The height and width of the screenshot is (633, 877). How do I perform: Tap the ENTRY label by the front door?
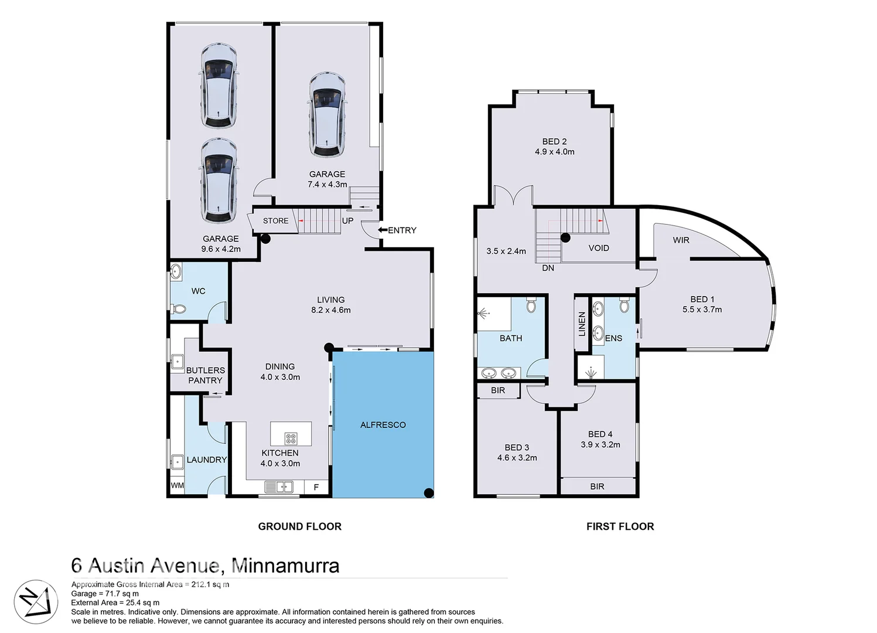[402, 230]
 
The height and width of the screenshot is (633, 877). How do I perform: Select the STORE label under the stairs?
[275, 221]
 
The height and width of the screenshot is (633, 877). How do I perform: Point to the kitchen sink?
[279, 486]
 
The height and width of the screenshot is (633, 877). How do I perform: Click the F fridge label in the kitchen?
[316, 487]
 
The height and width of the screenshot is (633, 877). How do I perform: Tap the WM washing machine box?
[177, 485]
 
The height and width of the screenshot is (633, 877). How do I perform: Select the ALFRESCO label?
[383, 425]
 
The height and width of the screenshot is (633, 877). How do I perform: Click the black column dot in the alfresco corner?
[429, 492]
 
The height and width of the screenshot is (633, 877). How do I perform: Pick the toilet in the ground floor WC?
[180, 309]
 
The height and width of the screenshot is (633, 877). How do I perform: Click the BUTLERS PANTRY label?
[205, 375]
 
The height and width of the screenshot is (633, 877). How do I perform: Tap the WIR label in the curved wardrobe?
[681, 240]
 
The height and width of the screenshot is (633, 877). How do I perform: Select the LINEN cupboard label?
[582, 324]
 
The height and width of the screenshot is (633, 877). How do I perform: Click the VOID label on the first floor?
[599, 248]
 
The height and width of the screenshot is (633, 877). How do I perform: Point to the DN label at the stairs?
[548, 268]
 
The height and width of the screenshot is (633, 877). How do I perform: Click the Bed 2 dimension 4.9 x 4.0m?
[554, 152]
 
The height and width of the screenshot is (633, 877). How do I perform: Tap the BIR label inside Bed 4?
[597, 486]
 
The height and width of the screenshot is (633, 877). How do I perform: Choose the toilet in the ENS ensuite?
[624, 306]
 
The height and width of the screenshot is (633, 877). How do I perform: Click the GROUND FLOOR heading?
[299, 526]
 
